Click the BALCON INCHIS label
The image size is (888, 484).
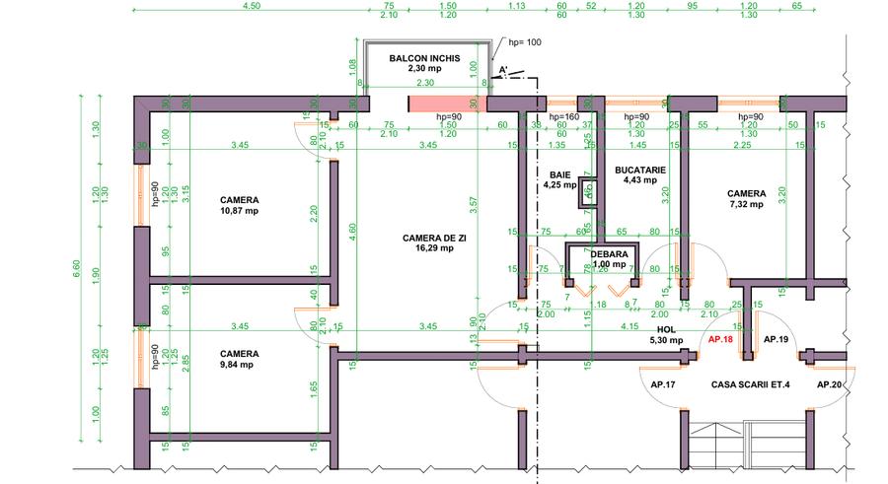click(424, 58)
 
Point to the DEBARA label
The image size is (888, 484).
click(609, 253)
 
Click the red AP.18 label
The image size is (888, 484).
click(721, 338)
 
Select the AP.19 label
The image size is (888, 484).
click(777, 338)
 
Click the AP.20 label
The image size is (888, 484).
click(831, 384)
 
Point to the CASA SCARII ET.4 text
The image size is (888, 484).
click(750, 384)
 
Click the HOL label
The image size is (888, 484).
click(667, 329)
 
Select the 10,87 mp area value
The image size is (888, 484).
click(240, 211)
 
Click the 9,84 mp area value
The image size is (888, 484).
click(240, 364)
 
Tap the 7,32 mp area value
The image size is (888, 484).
click(746, 205)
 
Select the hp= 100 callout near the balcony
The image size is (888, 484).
click(525, 43)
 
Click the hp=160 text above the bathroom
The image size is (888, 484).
click(563, 117)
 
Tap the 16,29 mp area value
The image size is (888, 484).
click(433, 248)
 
